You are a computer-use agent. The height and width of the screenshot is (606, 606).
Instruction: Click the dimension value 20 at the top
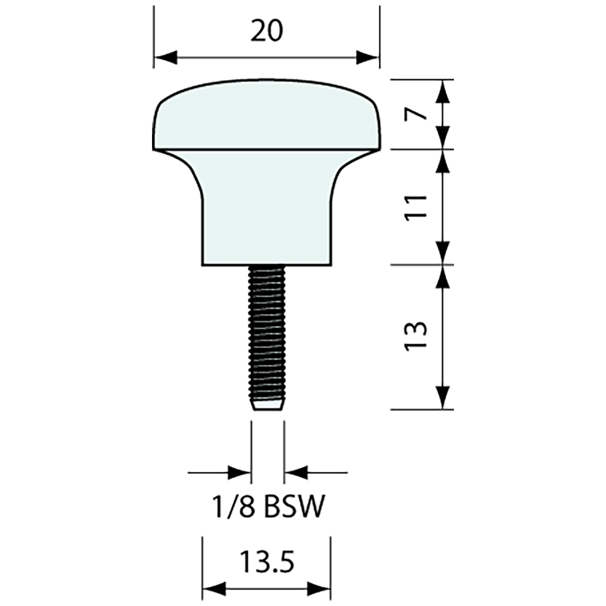pos(267,31)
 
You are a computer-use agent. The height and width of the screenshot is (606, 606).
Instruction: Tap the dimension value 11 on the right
pos(417,207)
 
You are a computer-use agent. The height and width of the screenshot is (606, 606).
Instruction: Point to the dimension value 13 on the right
pos(417,336)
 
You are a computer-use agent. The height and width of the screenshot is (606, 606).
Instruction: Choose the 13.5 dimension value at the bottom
pos(267,562)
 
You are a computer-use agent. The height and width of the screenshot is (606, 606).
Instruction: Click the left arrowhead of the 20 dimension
pos(165,57)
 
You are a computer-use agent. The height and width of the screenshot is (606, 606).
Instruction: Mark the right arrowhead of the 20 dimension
pos(369,57)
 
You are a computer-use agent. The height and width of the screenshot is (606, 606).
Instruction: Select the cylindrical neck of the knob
pos(267,220)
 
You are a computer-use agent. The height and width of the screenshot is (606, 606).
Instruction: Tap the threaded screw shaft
pos(267,331)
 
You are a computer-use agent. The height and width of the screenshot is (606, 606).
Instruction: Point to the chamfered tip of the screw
pos(267,405)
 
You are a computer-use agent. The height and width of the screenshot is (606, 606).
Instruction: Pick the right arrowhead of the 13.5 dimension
pos(320,588)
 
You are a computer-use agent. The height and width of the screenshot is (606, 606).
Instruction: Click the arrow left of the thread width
pos(239,472)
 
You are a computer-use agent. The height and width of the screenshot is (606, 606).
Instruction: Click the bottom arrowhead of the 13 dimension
pos(443,397)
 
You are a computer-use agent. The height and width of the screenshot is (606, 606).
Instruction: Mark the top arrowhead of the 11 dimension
pos(443,161)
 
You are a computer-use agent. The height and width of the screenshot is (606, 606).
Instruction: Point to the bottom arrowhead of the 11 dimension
pos(443,253)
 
